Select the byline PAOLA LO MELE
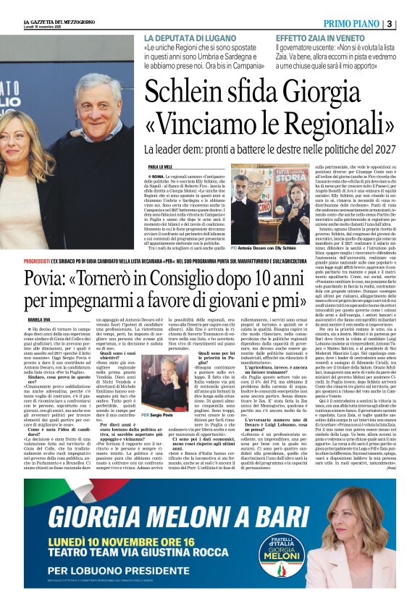pos(161,166)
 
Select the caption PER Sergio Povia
pos(157,415)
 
